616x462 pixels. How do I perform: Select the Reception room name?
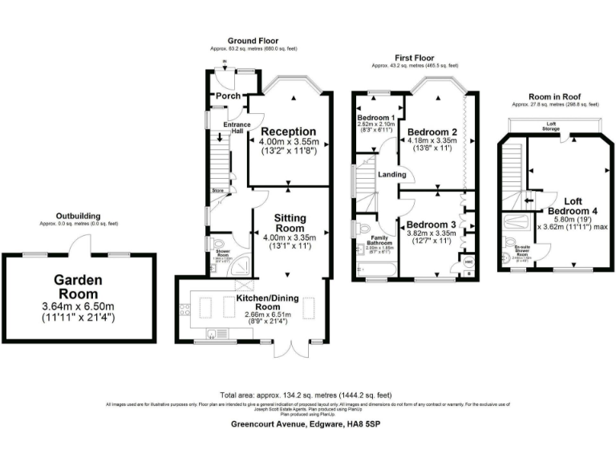[x=288, y=132]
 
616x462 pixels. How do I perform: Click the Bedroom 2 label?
[x=432, y=132]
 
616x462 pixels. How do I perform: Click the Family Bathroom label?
[x=379, y=240]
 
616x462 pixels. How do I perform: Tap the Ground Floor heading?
[x=252, y=40]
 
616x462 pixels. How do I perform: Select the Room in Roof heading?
[x=555, y=95]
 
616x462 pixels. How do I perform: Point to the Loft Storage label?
[x=550, y=126]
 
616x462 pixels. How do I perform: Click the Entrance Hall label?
[x=237, y=128]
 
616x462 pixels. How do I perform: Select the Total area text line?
[x=305, y=395]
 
